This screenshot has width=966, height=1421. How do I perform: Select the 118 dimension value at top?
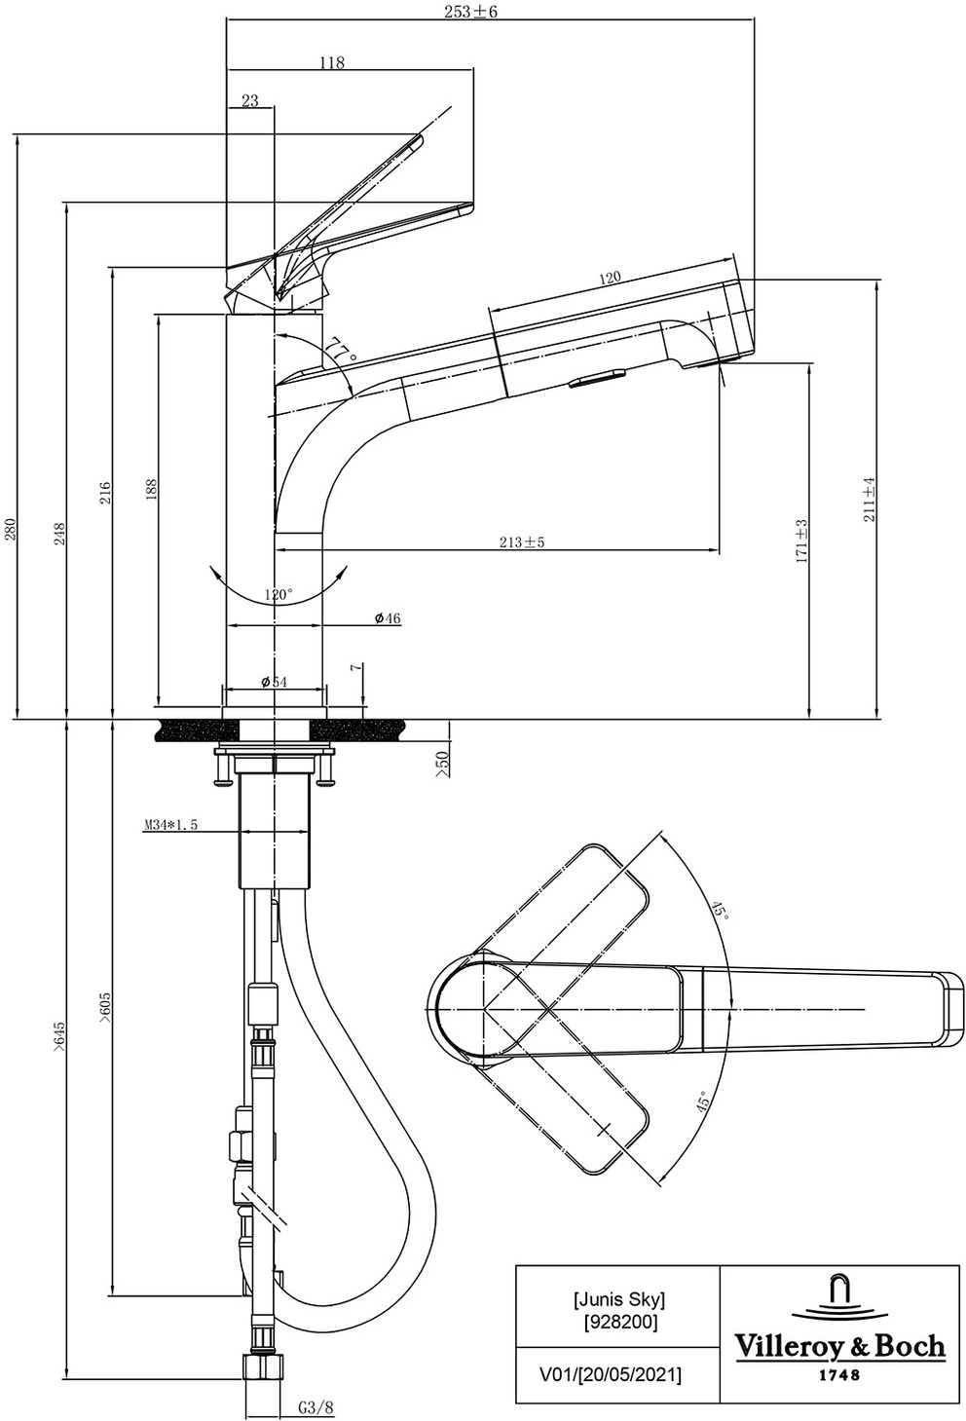[x=332, y=62]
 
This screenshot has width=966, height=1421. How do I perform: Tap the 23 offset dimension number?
[x=249, y=100]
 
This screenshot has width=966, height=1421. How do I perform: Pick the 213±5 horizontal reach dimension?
[x=521, y=542]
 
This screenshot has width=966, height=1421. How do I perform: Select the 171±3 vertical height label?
[x=800, y=541]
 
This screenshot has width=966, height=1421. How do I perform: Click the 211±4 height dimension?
[x=869, y=499]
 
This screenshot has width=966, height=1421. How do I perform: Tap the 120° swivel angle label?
[x=278, y=594]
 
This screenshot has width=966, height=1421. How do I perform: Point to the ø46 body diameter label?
[x=387, y=618]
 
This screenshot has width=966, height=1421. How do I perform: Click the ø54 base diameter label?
[x=274, y=682]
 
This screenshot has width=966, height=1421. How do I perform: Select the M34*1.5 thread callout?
[x=170, y=825]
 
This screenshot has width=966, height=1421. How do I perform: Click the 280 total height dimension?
[x=11, y=529]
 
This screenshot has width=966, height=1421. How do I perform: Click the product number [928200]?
[x=619, y=1322]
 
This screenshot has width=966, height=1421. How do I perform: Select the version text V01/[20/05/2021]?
[x=610, y=1374]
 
